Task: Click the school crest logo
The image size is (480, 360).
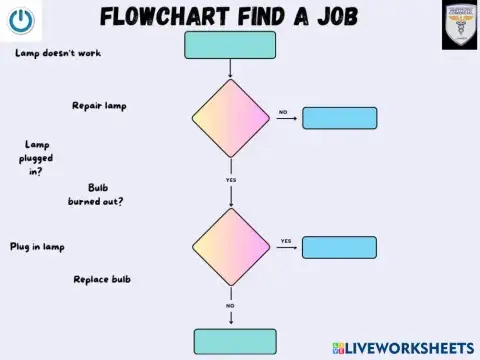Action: pyautogui.click(x=459, y=25)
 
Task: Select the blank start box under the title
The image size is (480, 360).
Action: pyautogui.click(x=230, y=45)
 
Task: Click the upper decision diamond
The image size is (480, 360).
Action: pyautogui.click(x=231, y=118)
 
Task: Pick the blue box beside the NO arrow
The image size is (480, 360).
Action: pyautogui.click(x=339, y=118)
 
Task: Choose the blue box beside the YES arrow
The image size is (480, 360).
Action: pyautogui.click(x=339, y=247)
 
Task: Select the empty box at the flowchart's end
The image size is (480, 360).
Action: pyautogui.click(x=234, y=341)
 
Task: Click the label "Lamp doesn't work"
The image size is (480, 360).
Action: pyautogui.click(x=58, y=53)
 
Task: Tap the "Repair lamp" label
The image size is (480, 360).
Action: pyautogui.click(x=99, y=105)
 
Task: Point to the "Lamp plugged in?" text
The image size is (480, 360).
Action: pyautogui.click(x=37, y=158)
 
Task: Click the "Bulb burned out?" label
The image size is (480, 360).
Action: pyautogui.click(x=97, y=194)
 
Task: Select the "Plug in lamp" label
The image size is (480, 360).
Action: pyautogui.click(x=37, y=246)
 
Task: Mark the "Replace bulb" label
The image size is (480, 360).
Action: pyautogui.click(x=101, y=279)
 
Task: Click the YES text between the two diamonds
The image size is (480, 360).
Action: pyautogui.click(x=231, y=180)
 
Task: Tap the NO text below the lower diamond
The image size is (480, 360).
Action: pyautogui.click(x=231, y=305)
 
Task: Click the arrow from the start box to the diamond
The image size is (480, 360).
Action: pyautogui.click(x=231, y=68)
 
